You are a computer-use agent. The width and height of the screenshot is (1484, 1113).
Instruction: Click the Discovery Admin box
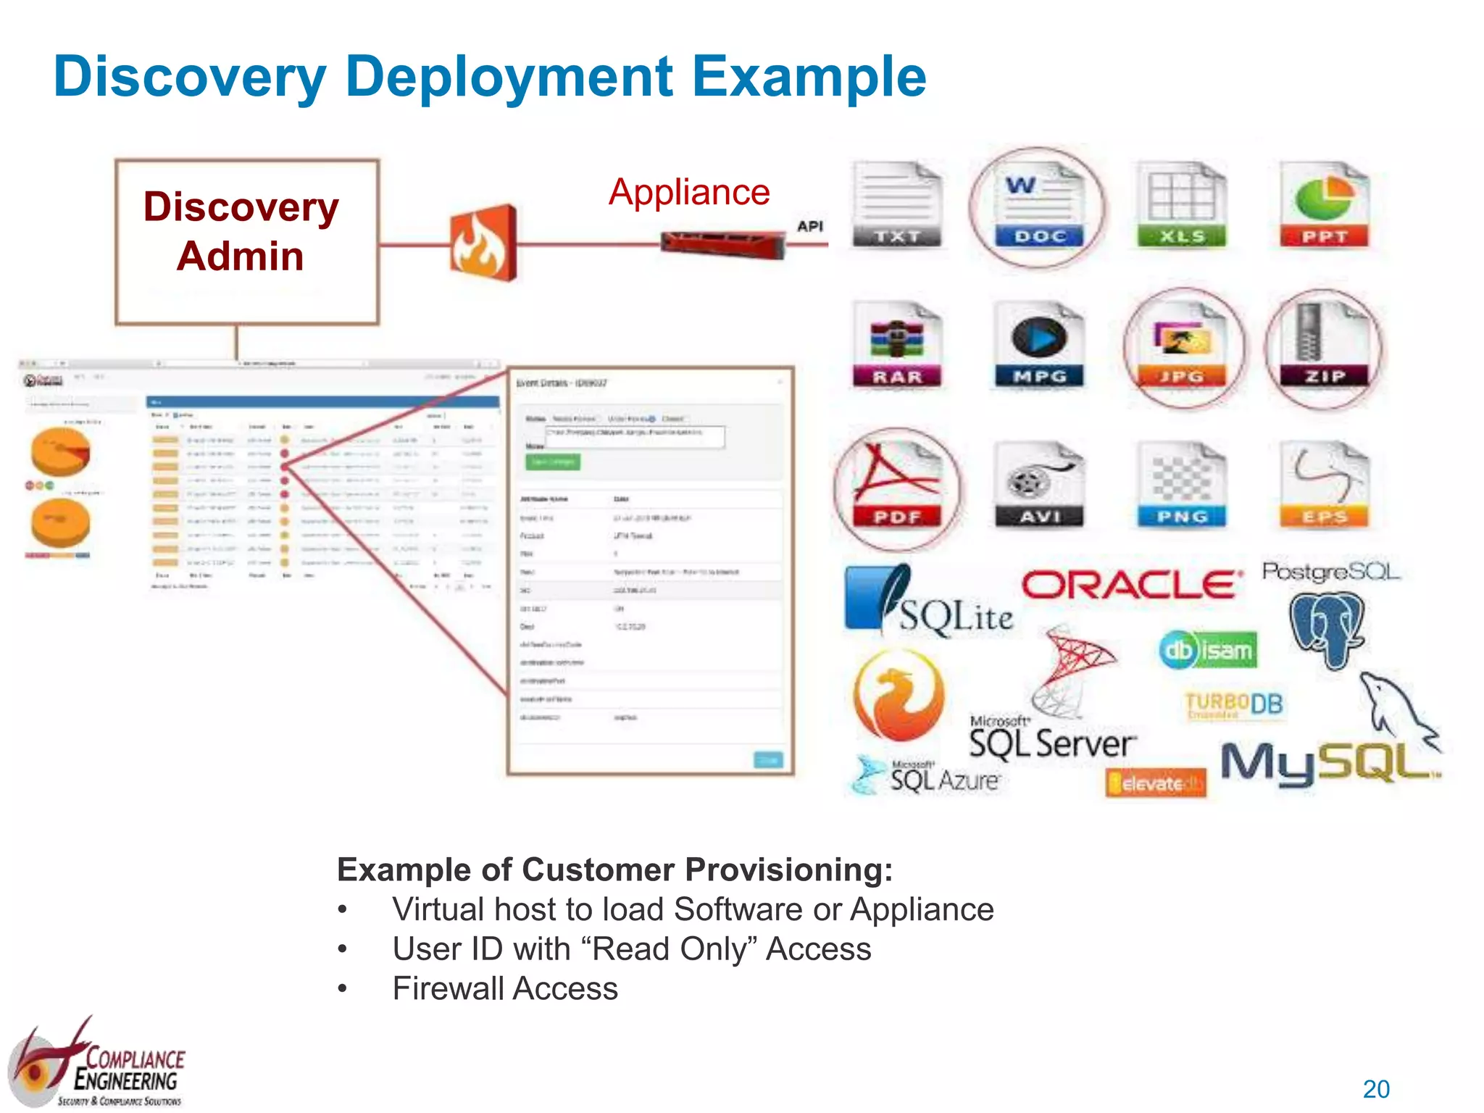pyautogui.click(x=246, y=242)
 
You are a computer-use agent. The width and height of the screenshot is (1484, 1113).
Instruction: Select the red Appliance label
pyautogui.click(x=689, y=193)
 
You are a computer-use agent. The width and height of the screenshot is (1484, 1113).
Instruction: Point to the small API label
pyautogui.click(x=810, y=226)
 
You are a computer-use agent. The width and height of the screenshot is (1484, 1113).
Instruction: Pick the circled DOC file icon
pyautogui.click(x=1038, y=207)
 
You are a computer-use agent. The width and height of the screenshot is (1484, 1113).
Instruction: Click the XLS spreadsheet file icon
pyautogui.click(x=1181, y=206)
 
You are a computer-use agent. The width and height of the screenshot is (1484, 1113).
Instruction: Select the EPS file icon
pyautogui.click(x=1325, y=485)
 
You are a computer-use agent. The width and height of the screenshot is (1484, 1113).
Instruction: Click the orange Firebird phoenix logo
pyautogui.click(x=899, y=696)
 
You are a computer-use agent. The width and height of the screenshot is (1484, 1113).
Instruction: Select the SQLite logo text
pyautogui.click(x=955, y=617)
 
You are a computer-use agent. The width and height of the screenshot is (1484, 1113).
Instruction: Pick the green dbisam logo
pyautogui.click(x=1208, y=650)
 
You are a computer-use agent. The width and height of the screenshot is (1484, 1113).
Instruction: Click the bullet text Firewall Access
pyautogui.click(x=505, y=989)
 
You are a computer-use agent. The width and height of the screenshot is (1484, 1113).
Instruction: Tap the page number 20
pyautogui.click(x=1376, y=1089)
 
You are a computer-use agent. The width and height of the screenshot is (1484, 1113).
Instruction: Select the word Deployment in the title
pyautogui.click(x=509, y=77)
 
